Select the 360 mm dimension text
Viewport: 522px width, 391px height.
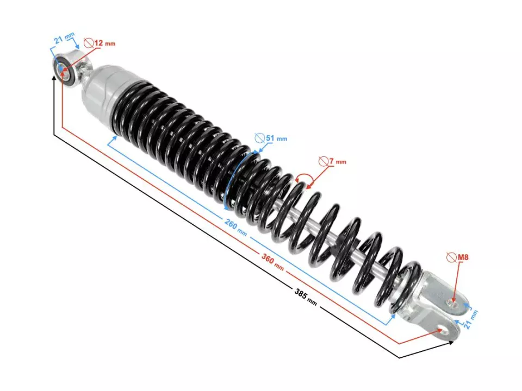(272, 262)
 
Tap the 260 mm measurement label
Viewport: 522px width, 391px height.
(235, 226)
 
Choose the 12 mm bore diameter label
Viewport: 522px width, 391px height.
(105, 43)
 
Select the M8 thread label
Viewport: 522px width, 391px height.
(462, 256)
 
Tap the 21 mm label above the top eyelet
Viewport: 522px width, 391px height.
(64, 40)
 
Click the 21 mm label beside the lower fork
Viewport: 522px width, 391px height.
(471, 320)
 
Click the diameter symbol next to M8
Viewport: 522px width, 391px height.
(450, 256)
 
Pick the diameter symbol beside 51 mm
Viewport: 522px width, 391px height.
(259, 138)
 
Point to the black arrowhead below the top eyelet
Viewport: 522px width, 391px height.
(54, 78)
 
